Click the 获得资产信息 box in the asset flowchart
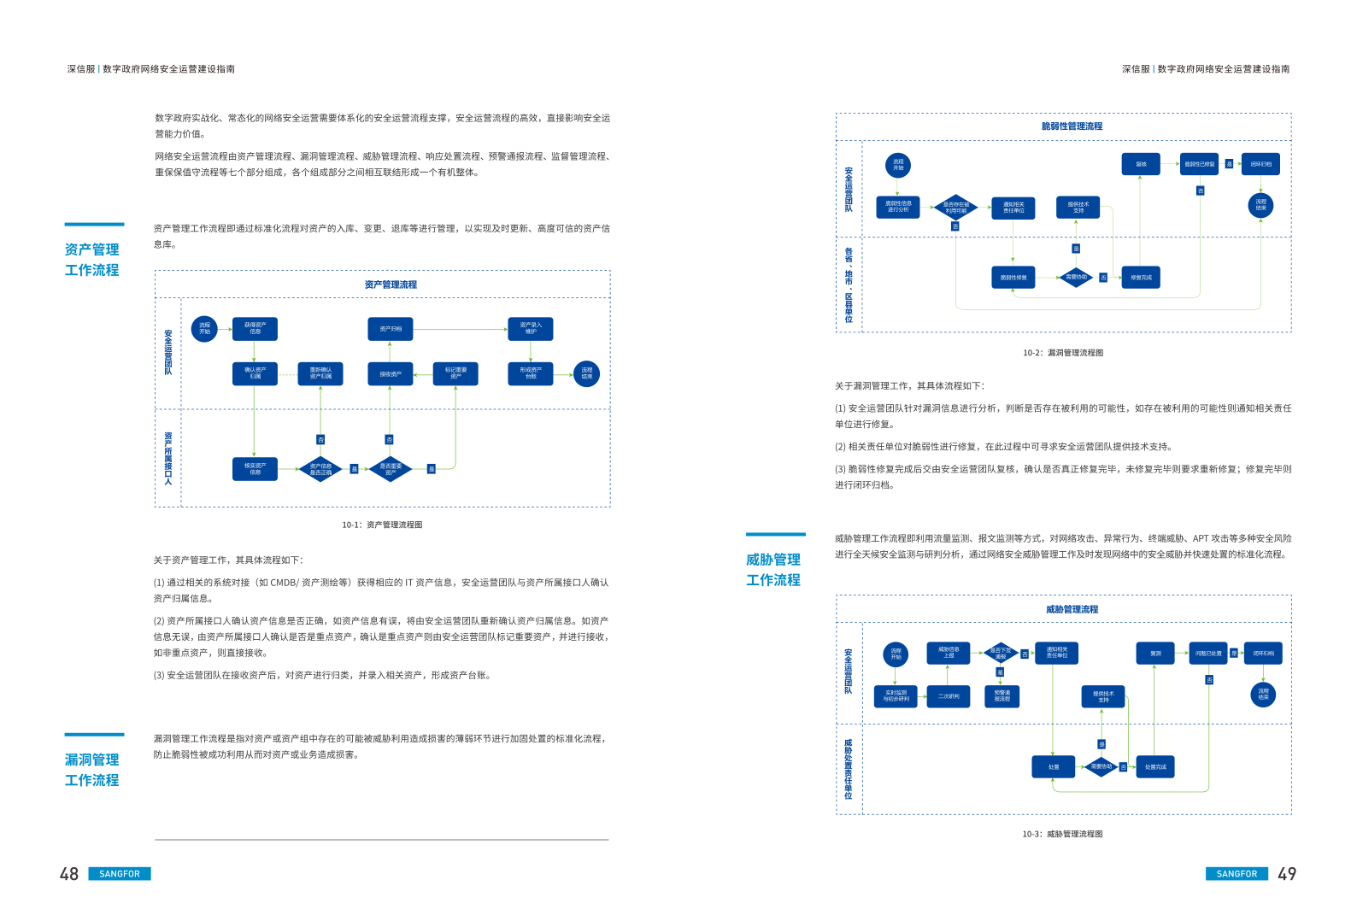pos(255,329)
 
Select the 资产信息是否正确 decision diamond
pos(320,469)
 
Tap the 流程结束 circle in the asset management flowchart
pos(587,374)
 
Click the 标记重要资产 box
pos(455,374)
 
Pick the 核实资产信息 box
pos(255,469)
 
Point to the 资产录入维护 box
pos(531,329)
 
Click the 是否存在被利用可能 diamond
pos(955,207)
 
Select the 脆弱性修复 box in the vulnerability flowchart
pos(1013,278)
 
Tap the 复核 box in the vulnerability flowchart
pos(1141,164)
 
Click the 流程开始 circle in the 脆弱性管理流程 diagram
pos(898,165)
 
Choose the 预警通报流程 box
pos(1002,696)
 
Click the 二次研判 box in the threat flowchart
pos(949,696)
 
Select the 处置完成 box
pos(1154,767)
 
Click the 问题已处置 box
pos(1208,654)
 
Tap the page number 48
pos(69,874)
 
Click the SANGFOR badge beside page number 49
pos(1237,874)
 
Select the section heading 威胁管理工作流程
pos(773,570)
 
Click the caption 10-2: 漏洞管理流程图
pos(1063,353)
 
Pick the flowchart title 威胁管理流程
pos(1072,609)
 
